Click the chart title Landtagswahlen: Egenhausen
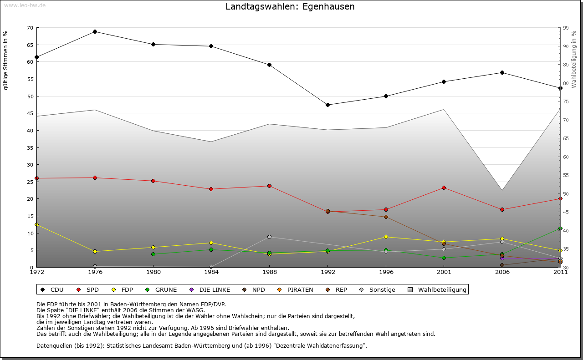coord(290,7)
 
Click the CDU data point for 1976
coord(95,31)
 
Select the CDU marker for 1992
coord(327,105)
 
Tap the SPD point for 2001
coord(444,188)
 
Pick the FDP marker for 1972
coord(36,224)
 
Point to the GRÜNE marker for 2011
coord(560,228)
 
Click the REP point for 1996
coord(386,217)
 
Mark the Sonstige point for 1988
coord(269,237)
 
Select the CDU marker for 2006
coord(502,72)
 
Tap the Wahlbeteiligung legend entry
coord(437,289)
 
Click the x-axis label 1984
coord(211,272)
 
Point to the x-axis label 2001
coord(444,272)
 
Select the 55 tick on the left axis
coord(30,79)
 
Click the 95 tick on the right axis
coord(566,28)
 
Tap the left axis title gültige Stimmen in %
coord(6,60)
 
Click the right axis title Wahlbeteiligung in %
coord(574,59)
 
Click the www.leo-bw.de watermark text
coord(25,5)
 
